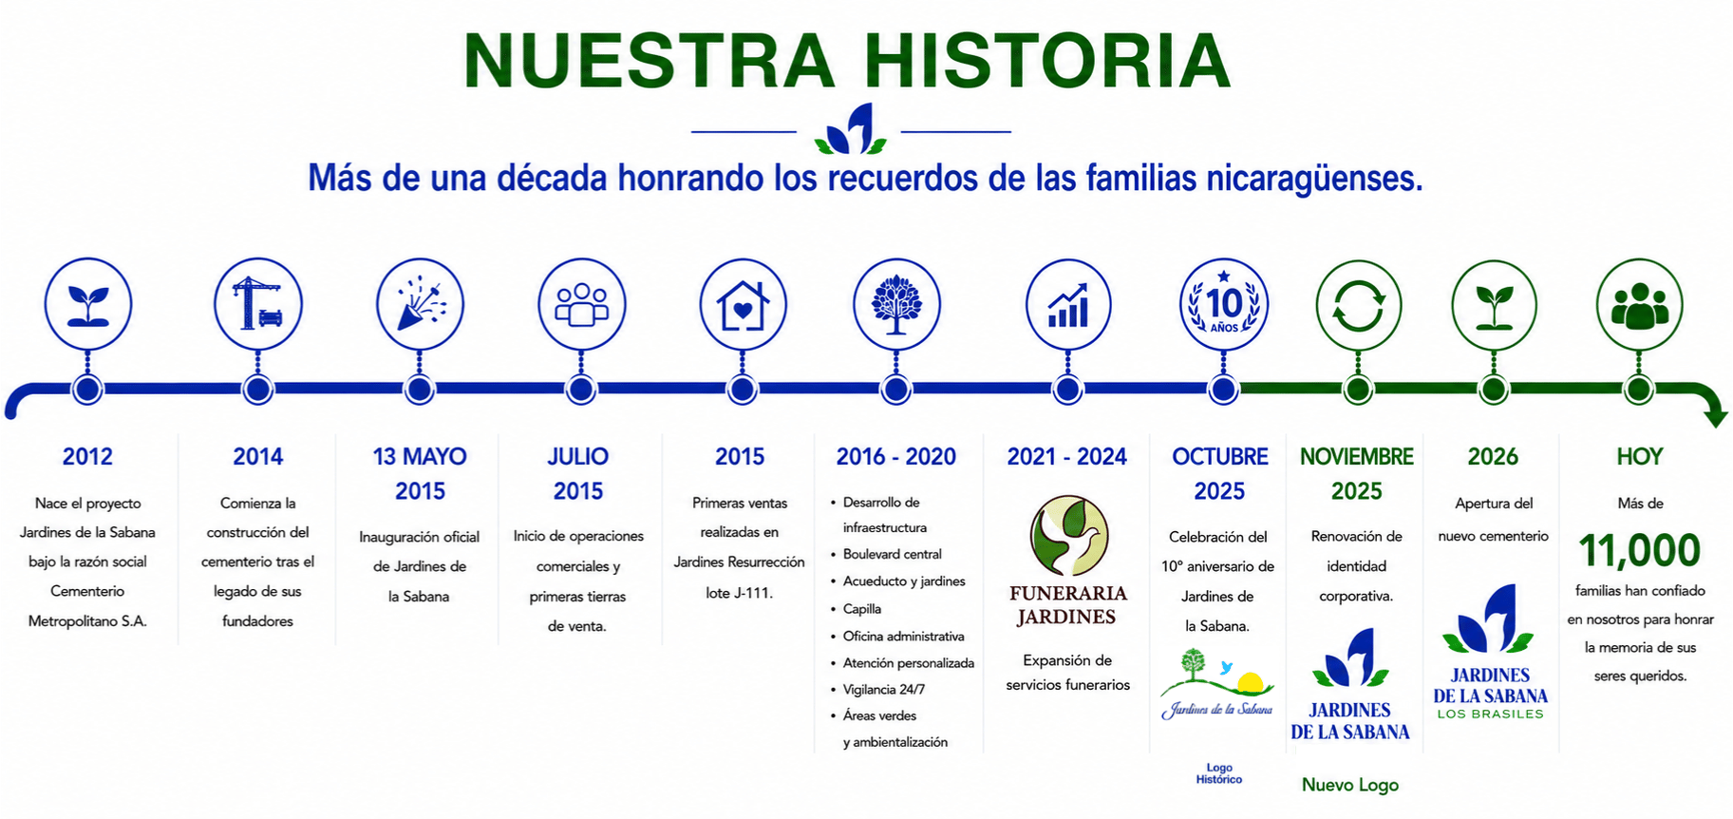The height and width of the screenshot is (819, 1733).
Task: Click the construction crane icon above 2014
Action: tap(258, 304)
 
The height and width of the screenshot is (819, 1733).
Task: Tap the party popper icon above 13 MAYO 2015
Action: tap(420, 304)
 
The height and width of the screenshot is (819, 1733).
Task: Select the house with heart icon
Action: tap(743, 305)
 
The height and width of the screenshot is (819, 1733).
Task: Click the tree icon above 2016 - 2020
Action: tap(896, 305)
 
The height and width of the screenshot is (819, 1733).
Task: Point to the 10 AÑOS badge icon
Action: tap(1224, 303)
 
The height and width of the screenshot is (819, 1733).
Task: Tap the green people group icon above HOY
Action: tap(1640, 306)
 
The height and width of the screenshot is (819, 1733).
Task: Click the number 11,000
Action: tap(1639, 550)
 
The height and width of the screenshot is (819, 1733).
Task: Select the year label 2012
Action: tap(87, 457)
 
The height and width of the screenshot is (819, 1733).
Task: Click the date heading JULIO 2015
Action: tap(578, 474)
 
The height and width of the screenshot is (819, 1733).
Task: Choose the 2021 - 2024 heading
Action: tap(1067, 457)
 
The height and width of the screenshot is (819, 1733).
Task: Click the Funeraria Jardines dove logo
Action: tap(1070, 536)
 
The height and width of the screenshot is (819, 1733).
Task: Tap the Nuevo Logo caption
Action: tap(1350, 785)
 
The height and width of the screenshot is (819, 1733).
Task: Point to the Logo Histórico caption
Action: tap(1219, 773)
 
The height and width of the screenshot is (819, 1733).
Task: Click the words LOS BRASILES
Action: tap(1491, 714)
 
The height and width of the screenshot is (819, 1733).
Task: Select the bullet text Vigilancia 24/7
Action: tap(884, 690)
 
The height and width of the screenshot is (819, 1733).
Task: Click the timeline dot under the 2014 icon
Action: tap(258, 390)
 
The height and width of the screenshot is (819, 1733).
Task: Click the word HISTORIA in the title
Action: tap(1047, 61)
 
